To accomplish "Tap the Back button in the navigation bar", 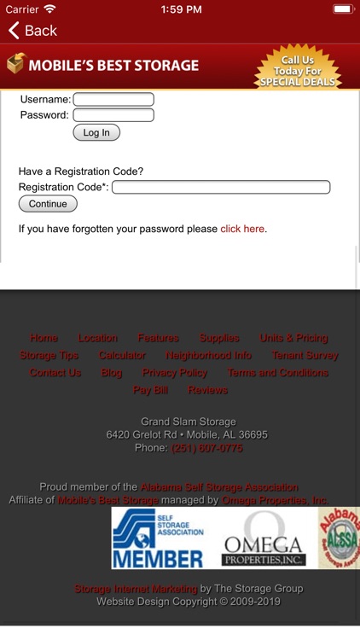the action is (x=32, y=31).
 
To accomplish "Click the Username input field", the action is (x=113, y=99).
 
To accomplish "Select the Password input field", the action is (x=113, y=115).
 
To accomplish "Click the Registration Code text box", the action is (x=221, y=187).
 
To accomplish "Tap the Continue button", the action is (x=48, y=204).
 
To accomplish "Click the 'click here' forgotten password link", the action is (x=242, y=229).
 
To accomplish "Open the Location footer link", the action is (x=98, y=338).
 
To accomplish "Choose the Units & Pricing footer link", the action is (x=293, y=338).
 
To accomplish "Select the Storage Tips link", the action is (x=49, y=355).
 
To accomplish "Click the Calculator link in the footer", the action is (x=122, y=355).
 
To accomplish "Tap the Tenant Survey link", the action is (x=305, y=355).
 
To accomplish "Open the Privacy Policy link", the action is (x=175, y=373).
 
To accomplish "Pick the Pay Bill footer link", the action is (x=150, y=390).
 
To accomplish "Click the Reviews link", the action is (x=207, y=390).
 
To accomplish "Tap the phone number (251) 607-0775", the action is (x=207, y=448).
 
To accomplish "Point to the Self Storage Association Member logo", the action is (x=159, y=538).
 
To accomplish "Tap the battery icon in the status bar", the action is (x=342, y=9).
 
